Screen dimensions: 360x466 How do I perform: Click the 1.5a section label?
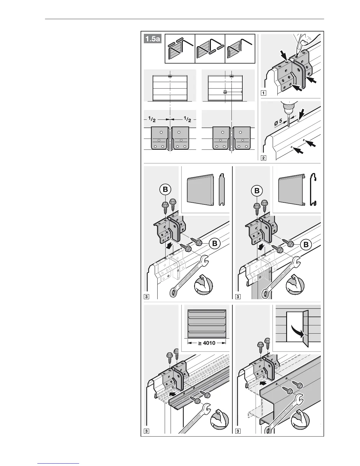[153, 39]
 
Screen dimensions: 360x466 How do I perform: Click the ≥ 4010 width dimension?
[206, 343]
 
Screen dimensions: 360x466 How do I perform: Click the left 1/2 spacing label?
[152, 119]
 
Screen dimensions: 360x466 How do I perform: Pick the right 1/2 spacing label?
[187, 119]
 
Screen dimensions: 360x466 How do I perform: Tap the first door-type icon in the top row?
[180, 49]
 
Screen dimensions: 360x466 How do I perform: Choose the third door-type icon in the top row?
[240, 49]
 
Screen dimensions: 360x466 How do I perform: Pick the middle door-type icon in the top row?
[210, 49]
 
